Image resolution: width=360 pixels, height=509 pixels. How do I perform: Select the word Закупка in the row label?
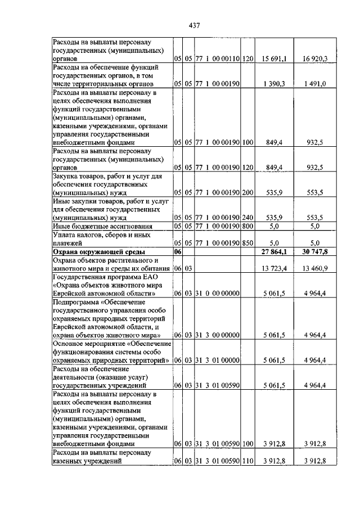tap(65, 175)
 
